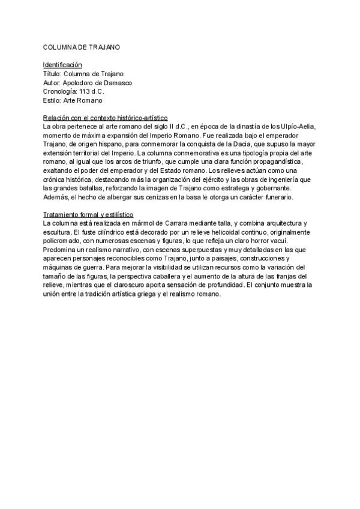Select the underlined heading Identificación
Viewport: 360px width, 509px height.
coord(62,64)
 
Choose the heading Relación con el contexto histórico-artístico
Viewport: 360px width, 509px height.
coord(105,118)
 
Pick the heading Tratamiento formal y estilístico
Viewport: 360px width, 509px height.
coord(88,215)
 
